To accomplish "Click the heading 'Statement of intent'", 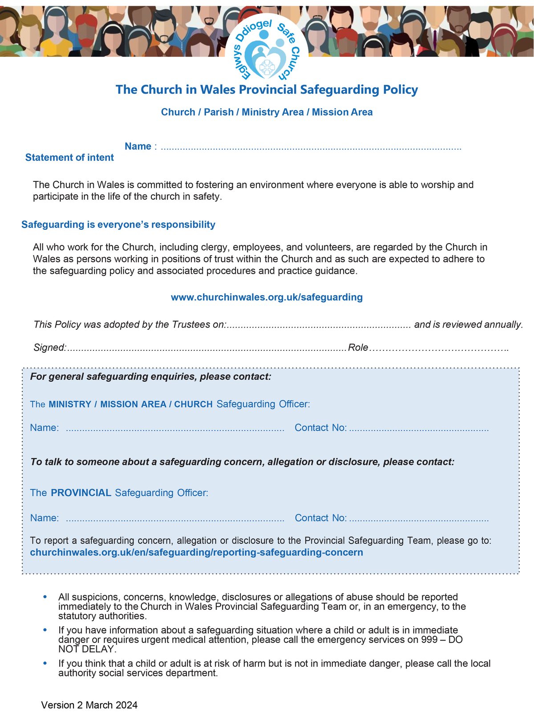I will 69,157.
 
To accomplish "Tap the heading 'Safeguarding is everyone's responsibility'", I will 118,224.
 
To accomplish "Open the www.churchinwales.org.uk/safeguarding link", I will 267,297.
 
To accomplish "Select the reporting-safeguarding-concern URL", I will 196,553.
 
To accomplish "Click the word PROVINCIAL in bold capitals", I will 81,493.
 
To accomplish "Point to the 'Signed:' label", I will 50,347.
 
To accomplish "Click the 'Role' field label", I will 358,347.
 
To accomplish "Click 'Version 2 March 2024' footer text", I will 89,705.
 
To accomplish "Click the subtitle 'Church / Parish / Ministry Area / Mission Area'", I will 267,112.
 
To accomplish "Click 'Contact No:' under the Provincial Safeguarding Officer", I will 320,518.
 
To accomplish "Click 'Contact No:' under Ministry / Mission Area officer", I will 320,428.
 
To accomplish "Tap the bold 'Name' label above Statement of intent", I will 138,146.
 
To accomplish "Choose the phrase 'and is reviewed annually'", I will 468,324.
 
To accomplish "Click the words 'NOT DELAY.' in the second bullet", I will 87,649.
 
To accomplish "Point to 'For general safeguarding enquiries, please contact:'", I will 151,377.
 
